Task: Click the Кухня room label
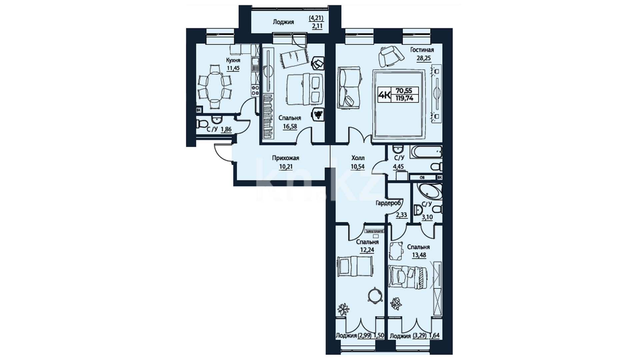coord(233,60)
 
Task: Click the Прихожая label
coord(286,158)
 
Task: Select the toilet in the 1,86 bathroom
coord(202,124)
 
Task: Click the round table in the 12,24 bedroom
coord(375,295)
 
